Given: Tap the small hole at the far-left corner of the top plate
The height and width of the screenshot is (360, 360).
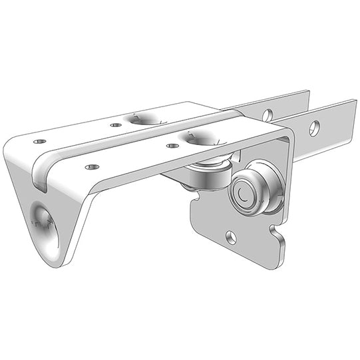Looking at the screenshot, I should pos(40,141).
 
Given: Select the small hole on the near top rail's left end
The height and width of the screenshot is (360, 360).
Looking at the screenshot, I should pos(92,166).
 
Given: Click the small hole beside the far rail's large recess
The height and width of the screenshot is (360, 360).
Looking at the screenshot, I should pos(116,124).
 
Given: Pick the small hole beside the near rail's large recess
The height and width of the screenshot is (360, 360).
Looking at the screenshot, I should pos(172,145).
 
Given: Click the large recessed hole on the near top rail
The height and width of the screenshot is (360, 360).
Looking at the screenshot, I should pos(200,138).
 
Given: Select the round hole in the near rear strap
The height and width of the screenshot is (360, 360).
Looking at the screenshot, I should pos(314,126).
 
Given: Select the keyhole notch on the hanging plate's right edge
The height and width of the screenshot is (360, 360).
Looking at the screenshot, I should pos(277,234).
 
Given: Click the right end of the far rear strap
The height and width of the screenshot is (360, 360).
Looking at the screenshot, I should pos(307,95).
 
